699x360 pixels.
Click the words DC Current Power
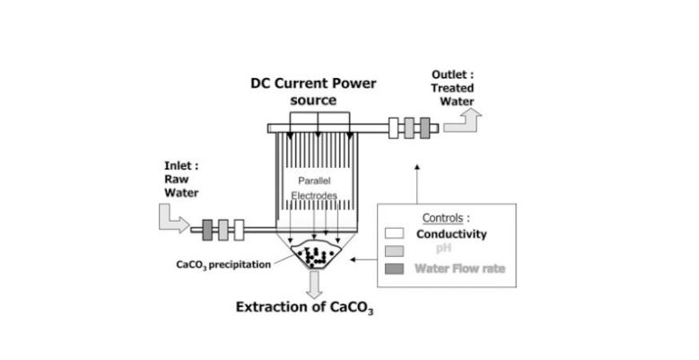tap(313, 84)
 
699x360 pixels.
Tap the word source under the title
tap(313, 101)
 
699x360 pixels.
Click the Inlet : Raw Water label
tap(182, 179)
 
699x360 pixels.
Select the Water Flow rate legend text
tap(459, 268)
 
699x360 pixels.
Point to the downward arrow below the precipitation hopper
tap(313, 285)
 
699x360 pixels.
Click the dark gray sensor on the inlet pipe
tap(209, 229)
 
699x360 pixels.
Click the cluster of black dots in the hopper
tap(313, 258)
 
